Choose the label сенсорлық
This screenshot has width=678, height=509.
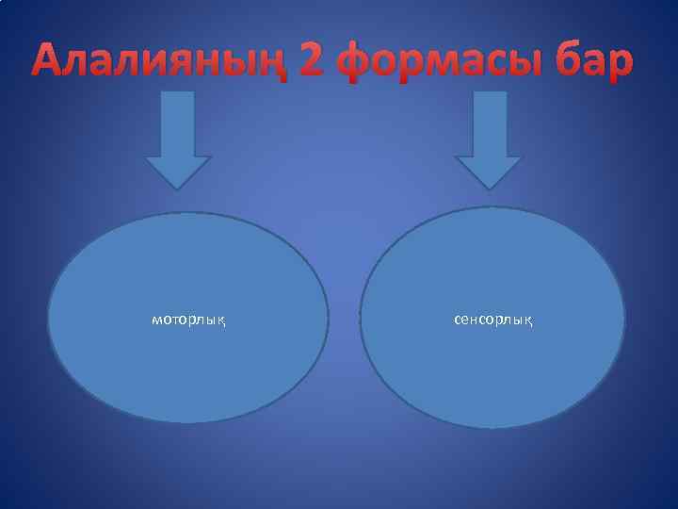[x=492, y=320]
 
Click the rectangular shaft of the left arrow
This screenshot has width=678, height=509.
[x=178, y=123]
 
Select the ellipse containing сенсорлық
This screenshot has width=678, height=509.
[x=492, y=377]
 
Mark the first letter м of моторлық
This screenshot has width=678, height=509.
[x=157, y=320]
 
